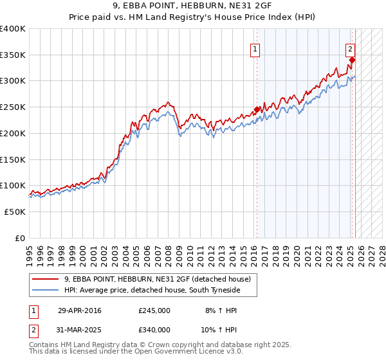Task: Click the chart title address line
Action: (x=193, y=7)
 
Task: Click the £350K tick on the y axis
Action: (x=13, y=55)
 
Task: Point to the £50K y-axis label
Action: (x=15, y=212)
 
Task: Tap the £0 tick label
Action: (x=19, y=238)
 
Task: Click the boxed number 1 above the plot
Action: (x=255, y=49)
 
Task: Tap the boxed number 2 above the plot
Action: (x=350, y=48)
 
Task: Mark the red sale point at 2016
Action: (x=257, y=109)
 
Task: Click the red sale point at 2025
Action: (x=352, y=60)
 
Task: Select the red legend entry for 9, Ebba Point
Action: (x=161, y=279)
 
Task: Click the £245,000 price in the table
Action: (x=154, y=310)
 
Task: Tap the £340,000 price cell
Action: (x=154, y=329)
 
